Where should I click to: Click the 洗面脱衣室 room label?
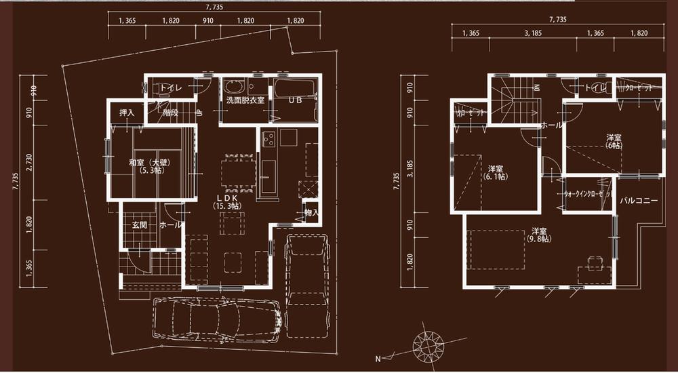point(245,100)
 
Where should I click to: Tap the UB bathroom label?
point(296,100)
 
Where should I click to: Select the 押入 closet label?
point(127,113)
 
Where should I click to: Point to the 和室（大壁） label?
point(148,163)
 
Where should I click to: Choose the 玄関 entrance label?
point(140,225)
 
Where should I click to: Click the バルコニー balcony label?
point(639,201)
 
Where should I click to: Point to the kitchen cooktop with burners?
point(267,138)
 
